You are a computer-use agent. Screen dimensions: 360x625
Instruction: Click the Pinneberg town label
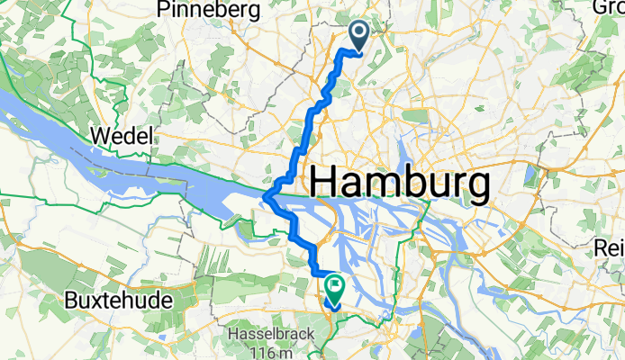207,11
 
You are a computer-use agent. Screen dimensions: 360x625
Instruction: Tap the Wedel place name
123,138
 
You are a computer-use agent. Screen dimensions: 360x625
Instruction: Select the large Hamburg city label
401,184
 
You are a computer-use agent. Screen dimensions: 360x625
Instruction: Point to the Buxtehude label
119,300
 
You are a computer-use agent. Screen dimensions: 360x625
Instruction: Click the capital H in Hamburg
326,184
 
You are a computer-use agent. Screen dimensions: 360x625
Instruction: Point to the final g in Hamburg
477,189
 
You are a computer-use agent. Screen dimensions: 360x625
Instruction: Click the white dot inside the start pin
358,33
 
